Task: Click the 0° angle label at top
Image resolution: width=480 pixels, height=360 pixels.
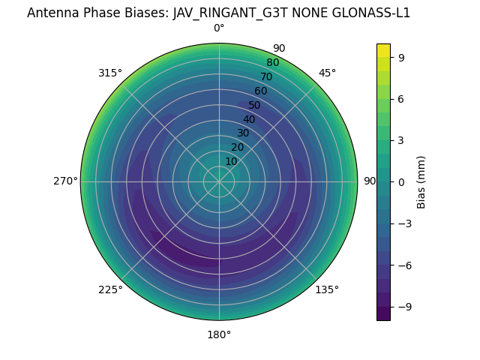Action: pos(219,28)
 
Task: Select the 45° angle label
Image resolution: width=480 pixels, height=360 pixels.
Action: pos(327,73)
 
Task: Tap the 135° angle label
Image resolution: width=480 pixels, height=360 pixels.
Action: pos(327,289)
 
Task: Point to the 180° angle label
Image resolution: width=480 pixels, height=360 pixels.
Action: pos(219,334)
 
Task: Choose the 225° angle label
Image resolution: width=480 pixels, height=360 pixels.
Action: pos(110,289)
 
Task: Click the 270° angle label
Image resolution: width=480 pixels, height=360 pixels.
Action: pos(65,181)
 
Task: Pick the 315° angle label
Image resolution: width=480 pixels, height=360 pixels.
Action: pos(110,73)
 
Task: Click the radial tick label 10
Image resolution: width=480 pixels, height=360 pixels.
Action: pos(231,161)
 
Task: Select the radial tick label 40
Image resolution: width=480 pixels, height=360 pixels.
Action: pos(249,119)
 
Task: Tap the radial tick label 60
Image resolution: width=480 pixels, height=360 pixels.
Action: pos(261,91)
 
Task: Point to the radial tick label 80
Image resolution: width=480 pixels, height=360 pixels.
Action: pos(273,62)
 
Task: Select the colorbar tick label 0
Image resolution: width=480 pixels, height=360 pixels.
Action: pos(402,181)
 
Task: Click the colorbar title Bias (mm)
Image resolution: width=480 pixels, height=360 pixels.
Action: pos(421,181)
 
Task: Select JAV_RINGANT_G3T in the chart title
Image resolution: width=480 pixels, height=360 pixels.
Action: pos(238,13)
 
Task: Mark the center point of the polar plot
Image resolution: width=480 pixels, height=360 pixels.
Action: pos(219,181)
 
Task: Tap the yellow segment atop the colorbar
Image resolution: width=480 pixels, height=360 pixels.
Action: pos(383,49)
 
